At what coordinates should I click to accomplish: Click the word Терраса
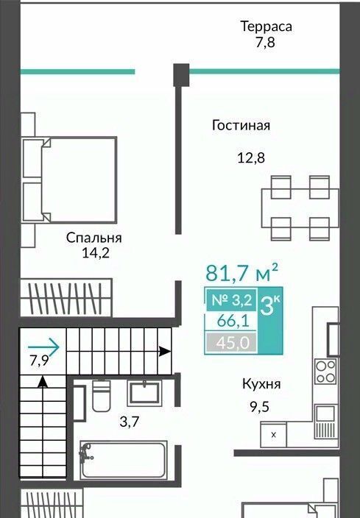tap(266, 26)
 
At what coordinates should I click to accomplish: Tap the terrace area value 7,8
tap(265, 43)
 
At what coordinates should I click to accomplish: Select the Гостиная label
tap(241, 125)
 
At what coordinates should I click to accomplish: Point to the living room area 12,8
tap(251, 158)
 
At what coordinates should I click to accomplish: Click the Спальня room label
tap(94, 238)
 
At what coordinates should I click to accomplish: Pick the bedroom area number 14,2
tap(95, 253)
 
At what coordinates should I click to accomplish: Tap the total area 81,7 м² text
tap(241, 272)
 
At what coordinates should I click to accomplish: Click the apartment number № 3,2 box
tap(232, 300)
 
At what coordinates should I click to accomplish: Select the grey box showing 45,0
tap(231, 343)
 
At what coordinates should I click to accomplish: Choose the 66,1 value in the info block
tap(233, 321)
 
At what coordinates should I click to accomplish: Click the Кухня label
tap(261, 384)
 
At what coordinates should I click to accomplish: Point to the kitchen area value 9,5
tap(259, 407)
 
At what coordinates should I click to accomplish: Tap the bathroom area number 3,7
tap(130, 422)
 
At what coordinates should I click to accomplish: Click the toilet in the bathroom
tap(102, 395)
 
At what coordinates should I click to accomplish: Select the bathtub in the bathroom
tap(123, 460)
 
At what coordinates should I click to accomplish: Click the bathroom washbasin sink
tap(144, 393)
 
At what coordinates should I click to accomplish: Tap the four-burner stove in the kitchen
tap(325, 372)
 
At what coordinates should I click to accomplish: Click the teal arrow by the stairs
tap(43, 347)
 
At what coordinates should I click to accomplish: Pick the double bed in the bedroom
tap(69, 180)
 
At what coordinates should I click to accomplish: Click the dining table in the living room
tap(300, 208)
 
